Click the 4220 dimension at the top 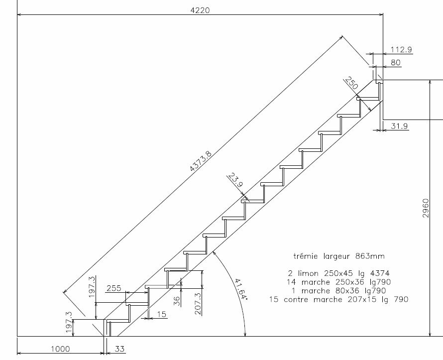click(x=200, y=10)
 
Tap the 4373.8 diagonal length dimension click(x=201, y=161)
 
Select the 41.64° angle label click(x=241, y=290)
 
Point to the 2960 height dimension click(x=426, y=208)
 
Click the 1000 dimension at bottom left click(x=60, y=349)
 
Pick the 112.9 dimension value click(x=401, y=50)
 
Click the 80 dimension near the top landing click(x=396, y=62)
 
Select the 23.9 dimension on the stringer click(x=235, y=180)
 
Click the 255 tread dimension click(x=113, y=288)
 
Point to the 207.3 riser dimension click(x=198, y=304)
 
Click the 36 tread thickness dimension click(x=177, y=301)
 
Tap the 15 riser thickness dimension click(x=161, y=315)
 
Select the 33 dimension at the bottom click(x=119, y=349)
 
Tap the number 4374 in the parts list click(x=380, y=273)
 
